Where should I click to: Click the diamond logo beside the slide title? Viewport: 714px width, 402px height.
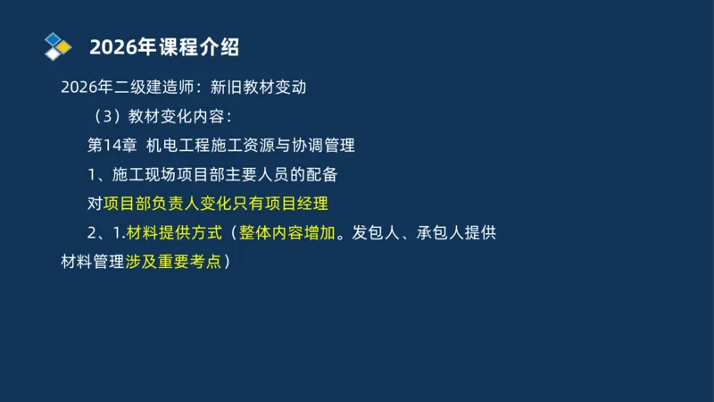[58, 45]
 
